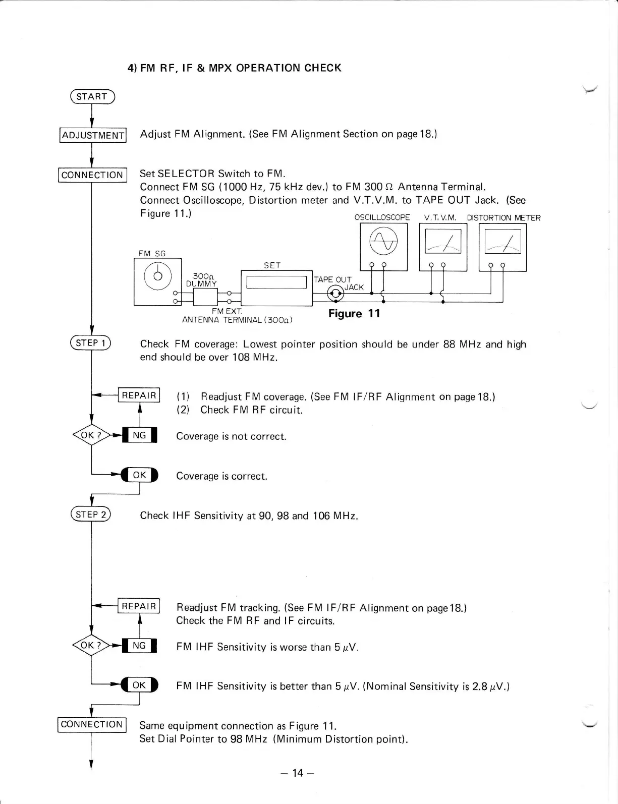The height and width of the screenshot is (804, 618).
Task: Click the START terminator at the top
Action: click(x=92, y=97)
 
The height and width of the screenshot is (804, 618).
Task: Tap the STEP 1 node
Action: click(x=91, y=343)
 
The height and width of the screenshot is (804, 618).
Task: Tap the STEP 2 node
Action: click(x=91, y=515)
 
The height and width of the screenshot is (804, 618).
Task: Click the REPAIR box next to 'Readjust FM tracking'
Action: click(x=139, y=606)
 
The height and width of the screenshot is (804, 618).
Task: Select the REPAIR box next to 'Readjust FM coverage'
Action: click(x=139, y=395)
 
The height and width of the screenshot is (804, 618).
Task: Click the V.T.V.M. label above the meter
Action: click(x=440, y=218)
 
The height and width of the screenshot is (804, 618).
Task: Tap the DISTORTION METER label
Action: click(x=503, y=218)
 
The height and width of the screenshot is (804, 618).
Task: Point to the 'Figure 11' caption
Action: click(x=354, y=314)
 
